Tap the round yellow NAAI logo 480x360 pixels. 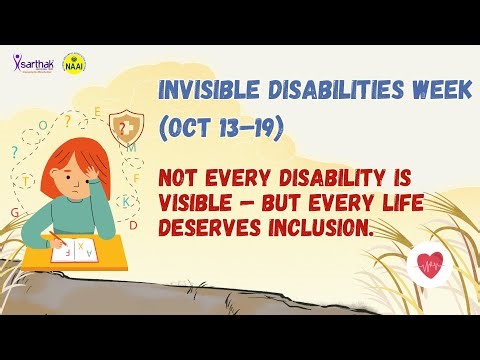pyautogui.click(x=73, y=61)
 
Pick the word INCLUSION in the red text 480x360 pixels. pyautogui.click(x=321, y=230)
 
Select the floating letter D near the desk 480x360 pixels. pyautogui.click(x=133, y=226)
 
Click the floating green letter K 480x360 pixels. pyautogui.click(x=125, y=201)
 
